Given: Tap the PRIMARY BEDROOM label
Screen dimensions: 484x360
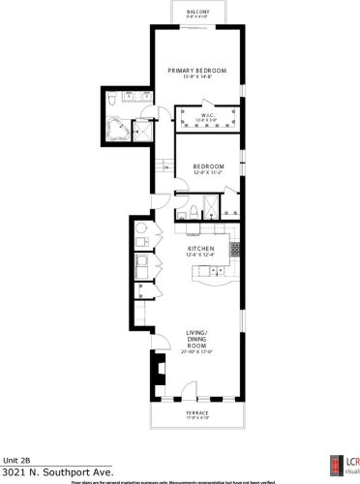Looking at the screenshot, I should pos(196,71).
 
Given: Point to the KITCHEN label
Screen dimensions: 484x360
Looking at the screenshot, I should pos(200,249).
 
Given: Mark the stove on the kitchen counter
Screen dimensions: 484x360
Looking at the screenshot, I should pos(233,249).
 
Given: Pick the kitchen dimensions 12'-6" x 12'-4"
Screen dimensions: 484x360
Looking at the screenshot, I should pos(199,256).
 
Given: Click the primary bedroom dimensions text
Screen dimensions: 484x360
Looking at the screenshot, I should pos(196,77).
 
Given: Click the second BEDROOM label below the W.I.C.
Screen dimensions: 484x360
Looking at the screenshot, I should pos(208,166).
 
